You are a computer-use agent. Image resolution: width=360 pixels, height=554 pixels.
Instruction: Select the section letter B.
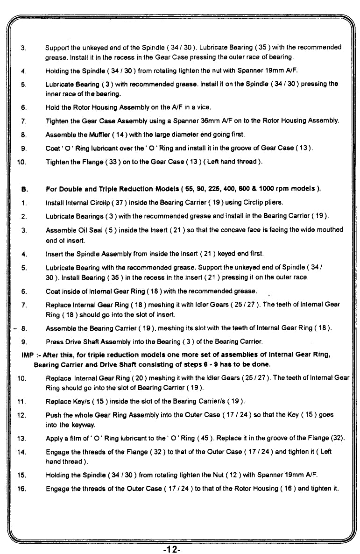pyautogui.click(x=22, y=189)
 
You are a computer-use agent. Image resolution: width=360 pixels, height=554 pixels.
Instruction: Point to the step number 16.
pyautogui.click(x=21, y=488)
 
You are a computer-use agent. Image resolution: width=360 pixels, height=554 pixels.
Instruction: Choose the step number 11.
pyautogui.click(x=21, y=401)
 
